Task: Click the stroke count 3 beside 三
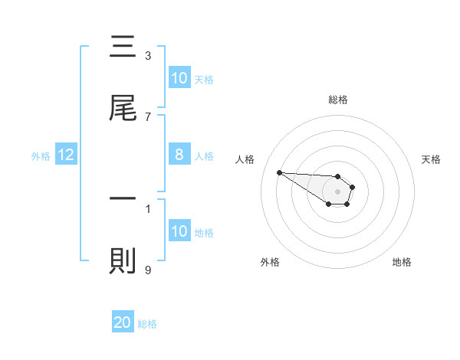[x=148, y=55]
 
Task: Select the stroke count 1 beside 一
[x=148, y=207]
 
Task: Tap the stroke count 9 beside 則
[x=148, y=269]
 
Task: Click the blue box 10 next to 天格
[x=179, y=78]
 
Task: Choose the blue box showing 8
[x=179, y=155]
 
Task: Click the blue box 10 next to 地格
[x=179, y=231]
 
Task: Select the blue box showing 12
[x=66, y=155]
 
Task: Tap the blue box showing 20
[x=123, y=322]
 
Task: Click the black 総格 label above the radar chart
[x=337, y=100]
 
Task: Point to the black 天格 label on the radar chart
[x=432, y=159]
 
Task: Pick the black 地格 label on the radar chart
[x=402, y=262]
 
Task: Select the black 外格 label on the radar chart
[x=270, y=262]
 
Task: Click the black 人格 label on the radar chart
[x=245, y=159]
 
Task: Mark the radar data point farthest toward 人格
[x=279, y=172]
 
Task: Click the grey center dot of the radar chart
[x=337, y=191]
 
